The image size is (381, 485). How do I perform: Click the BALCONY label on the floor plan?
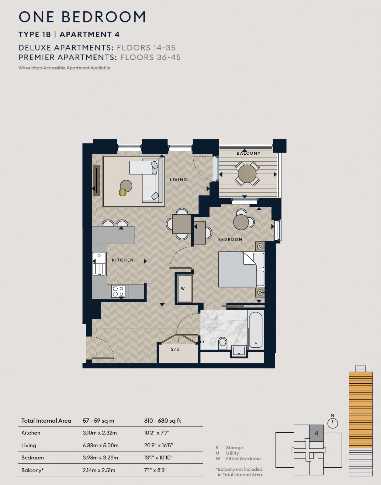(x=249, y=153)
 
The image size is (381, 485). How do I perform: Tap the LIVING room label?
(x=178, y=180)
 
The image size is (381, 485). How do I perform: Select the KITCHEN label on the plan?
(x=123, y=260)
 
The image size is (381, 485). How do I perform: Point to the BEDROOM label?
(x=230, y=239)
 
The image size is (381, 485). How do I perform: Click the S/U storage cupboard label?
(x=175, y=349)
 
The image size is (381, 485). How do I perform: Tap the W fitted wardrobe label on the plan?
(x=183, y=289)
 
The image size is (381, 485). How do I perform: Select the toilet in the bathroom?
(x=223, y=343)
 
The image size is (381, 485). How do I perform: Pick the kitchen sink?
(x=99, y=264)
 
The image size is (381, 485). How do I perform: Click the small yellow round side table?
(x=123, y=192)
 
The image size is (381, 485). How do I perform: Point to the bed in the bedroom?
(x=241, y=269)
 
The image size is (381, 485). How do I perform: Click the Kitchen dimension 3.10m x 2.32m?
(x=100, y=433)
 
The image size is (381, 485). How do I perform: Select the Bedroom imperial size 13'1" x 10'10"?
(x=158, y=458)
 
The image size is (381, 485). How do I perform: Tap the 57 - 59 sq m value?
(x=99, y=421)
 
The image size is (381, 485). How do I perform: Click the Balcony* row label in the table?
(x=33, y=470)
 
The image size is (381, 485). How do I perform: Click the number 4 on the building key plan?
(x=316, y=433)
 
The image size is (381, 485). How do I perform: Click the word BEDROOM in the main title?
(x=104, y=17)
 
